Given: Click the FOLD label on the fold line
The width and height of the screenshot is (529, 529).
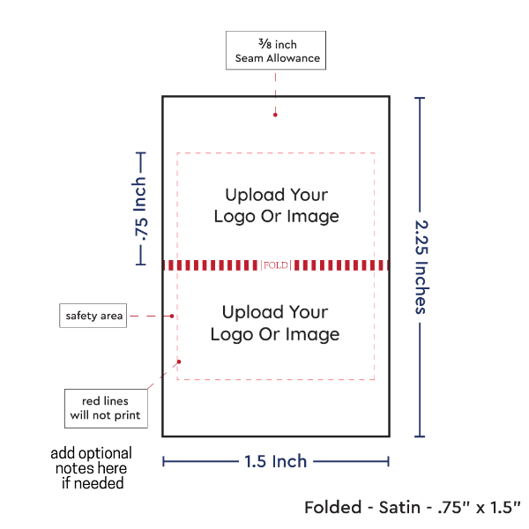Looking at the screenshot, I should [x=276, y=264].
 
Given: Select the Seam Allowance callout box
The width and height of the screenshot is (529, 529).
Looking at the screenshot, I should [x=276, y=51].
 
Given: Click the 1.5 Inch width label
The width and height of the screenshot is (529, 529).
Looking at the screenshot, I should [x=276, y=461].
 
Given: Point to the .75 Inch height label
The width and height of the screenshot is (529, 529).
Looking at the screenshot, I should [x=139, y=208].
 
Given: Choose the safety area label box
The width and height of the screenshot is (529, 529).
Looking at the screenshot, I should [x=93, y=316].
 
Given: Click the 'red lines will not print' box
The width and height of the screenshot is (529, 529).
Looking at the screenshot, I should [x=105, y=408].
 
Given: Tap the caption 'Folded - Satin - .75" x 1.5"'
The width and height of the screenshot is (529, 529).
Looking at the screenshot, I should [x=412, y=507].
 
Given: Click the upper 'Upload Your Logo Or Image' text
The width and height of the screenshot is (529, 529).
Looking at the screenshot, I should [x=276, y=205].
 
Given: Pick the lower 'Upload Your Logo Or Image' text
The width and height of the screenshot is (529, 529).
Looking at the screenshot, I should [x=275, y=323].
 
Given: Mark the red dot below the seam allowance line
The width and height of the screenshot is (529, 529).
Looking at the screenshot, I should [x=276, y=114].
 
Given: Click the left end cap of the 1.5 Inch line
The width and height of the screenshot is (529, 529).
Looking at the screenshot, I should [x=164, y=461].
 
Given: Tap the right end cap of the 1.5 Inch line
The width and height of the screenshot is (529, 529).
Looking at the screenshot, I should [x=388, y=461].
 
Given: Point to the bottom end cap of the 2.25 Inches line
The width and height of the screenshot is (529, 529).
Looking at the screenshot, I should [x=420, y=436].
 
